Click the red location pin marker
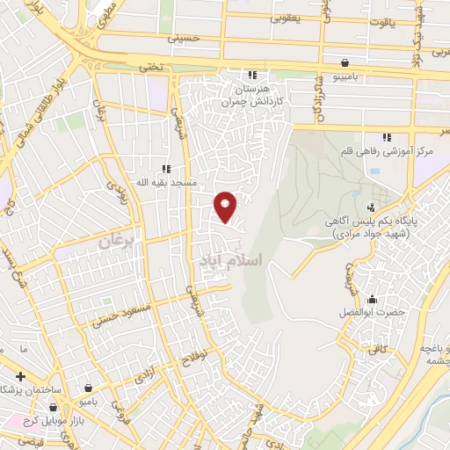click(x=226, y=207)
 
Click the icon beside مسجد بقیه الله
click(x=164, y=168)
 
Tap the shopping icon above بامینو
click(x=345, y=62)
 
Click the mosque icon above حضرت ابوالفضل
click(x=372, y=299)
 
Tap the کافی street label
click(x=377, y=350)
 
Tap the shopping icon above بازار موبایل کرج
click(x=54, y=408)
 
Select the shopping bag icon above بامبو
click(x=89, y=387)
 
